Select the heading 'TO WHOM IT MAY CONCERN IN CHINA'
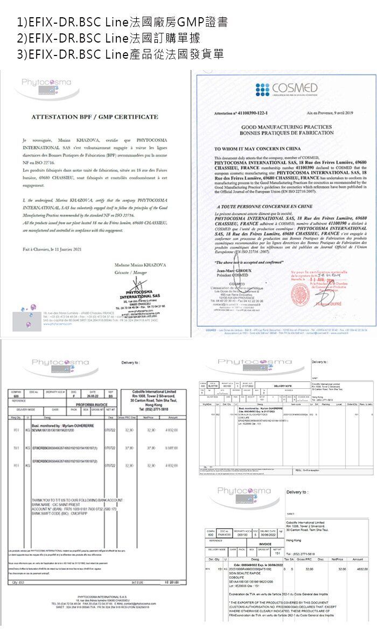258,148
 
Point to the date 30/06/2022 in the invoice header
270,535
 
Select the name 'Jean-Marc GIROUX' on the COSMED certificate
233,269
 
